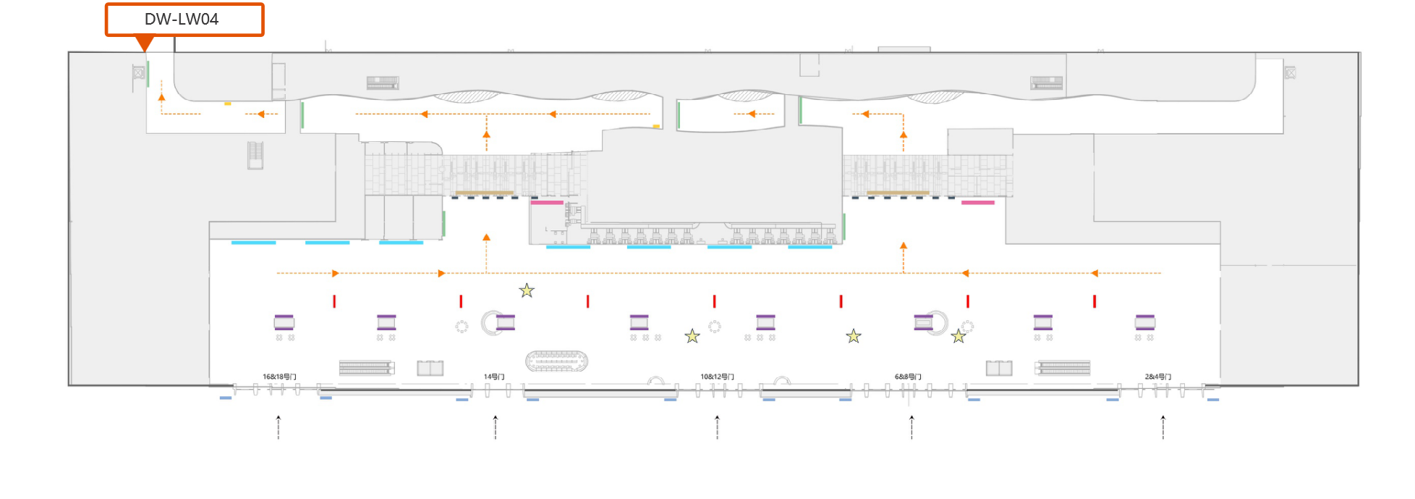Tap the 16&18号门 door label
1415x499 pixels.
(279, 377)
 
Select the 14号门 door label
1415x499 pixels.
(494, 377)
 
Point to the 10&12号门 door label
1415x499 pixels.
(717, 377)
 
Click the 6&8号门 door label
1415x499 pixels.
(908, 377)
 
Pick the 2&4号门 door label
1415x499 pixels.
(1157, 377)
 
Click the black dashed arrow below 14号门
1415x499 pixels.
(496, 427)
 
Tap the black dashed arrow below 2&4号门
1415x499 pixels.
(1163, 427)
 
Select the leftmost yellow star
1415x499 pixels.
(527, 291)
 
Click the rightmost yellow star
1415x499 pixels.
(959, 336)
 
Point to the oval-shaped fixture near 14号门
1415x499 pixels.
(556, 360)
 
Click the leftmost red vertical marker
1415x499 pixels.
(334, 301)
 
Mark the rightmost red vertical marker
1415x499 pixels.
(1095, 301)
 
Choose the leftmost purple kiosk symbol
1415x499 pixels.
(284, 322)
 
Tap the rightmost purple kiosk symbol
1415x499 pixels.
(1145, 322)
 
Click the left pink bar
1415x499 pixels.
(547, 203)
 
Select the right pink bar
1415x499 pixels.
(977, 203)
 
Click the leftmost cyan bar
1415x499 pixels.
(253, 243)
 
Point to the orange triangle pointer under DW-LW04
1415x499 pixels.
(145, 44)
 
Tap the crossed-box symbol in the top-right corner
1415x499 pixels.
(1290, 72)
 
